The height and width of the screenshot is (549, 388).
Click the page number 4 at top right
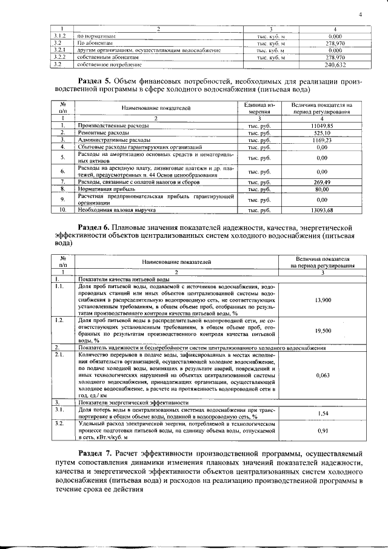(x=360, y=14)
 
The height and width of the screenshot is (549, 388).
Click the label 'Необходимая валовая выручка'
(x=116, y=210)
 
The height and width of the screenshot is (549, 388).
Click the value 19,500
(x=324, y=331)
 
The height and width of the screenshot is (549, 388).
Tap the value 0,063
(x=324, y=376)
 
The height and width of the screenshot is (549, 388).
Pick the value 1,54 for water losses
(x=324, y=413)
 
